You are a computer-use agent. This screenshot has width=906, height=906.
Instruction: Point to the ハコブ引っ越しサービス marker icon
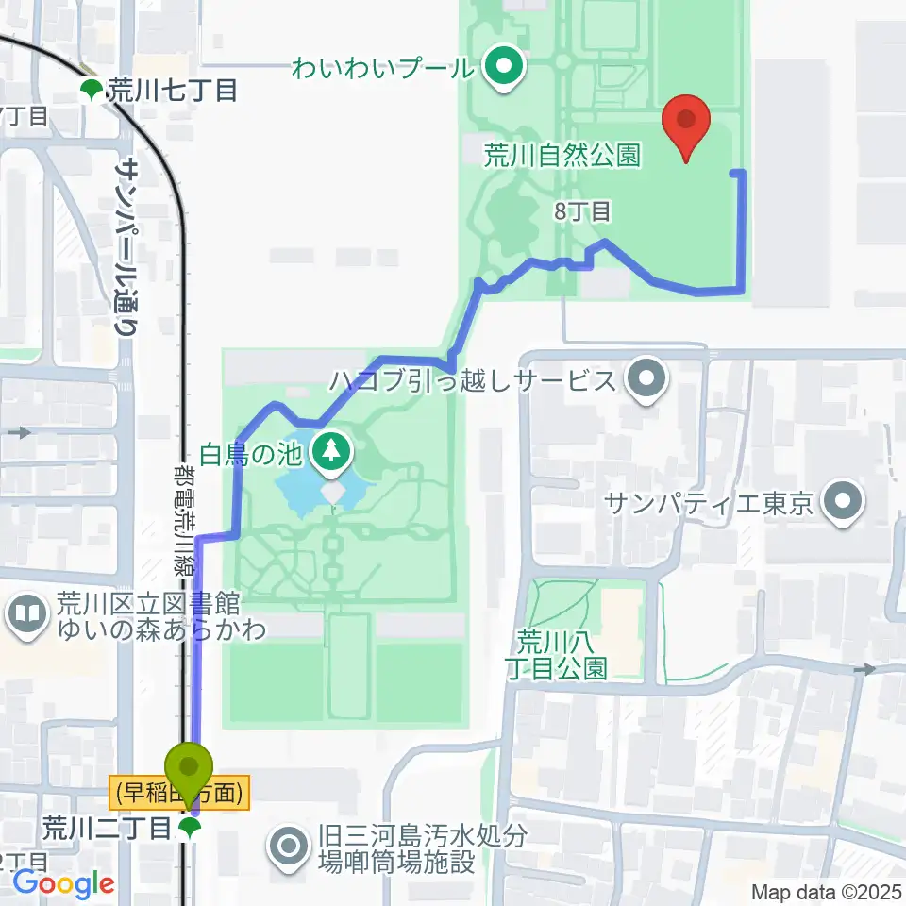point(647,380)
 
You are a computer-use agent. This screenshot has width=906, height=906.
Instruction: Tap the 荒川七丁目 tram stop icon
point(92,91)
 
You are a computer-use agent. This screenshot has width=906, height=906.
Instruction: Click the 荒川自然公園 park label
point(563,155)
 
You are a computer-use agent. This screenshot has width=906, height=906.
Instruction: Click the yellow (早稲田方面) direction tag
point(180,792)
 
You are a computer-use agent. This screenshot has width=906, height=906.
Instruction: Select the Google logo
point(62,884)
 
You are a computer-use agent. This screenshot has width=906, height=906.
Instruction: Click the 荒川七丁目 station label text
point(171,91)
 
